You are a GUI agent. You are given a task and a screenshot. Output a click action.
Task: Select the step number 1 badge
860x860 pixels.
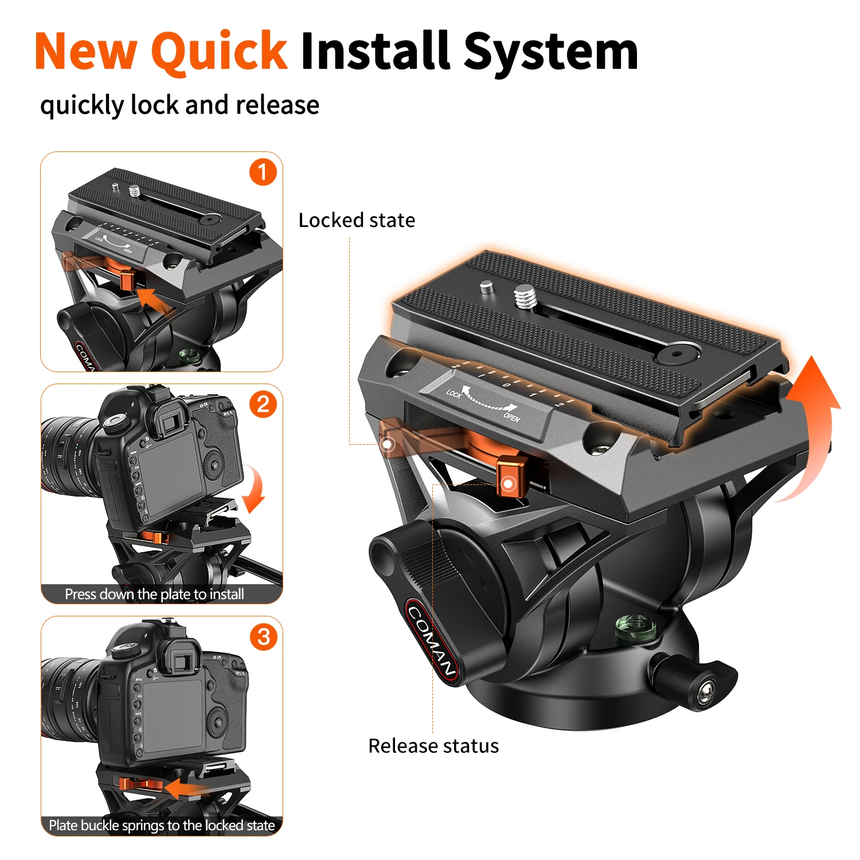click(263, 172)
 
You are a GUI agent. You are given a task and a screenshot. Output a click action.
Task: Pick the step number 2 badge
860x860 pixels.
click(263, 404)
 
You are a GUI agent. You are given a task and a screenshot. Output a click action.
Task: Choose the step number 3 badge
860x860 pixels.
click(263, 636)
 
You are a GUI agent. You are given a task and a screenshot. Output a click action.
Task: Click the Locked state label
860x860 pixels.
click(357, 220)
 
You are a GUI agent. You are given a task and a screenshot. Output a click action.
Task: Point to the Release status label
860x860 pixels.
click(433, 746)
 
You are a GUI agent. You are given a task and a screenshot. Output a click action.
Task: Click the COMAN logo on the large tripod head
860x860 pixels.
click(431, 640)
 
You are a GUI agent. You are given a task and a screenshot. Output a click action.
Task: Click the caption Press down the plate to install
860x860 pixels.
click(154, 594)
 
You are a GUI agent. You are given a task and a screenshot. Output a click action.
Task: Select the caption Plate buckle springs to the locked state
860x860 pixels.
click(162, 826)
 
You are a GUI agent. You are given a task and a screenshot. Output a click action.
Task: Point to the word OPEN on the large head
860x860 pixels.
click(512, 417)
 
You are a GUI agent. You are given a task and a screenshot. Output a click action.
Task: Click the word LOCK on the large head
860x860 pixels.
click(454, 393)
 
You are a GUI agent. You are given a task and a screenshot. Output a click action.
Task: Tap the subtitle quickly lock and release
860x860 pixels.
click(179, 105)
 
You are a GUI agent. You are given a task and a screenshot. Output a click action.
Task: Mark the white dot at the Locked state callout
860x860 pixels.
click(388, 444)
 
